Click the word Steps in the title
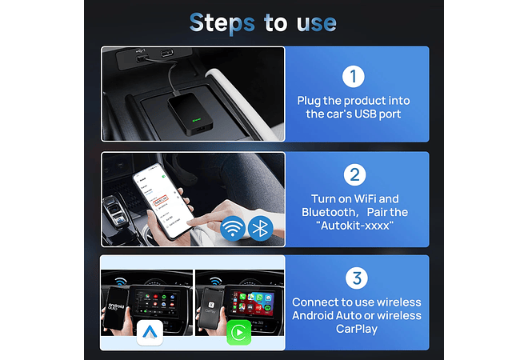point(222,22)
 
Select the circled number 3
point(356,279)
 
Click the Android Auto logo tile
point(150,332)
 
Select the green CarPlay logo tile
point(238,332)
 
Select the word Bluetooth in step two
point(333,213)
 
